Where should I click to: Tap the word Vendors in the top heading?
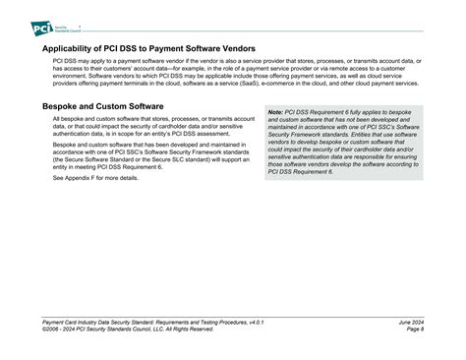click(237, 47)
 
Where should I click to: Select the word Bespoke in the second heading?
click(65, 105)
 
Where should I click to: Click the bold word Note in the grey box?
click(276, 113)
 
